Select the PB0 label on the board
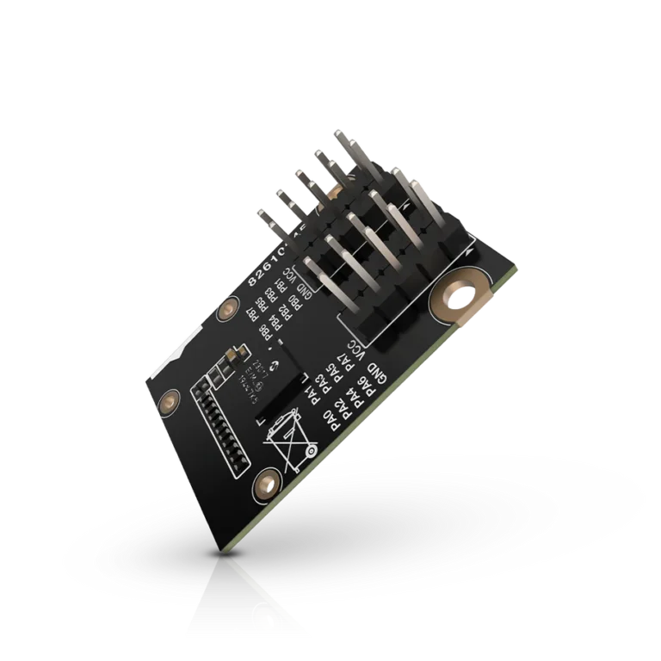293,301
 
